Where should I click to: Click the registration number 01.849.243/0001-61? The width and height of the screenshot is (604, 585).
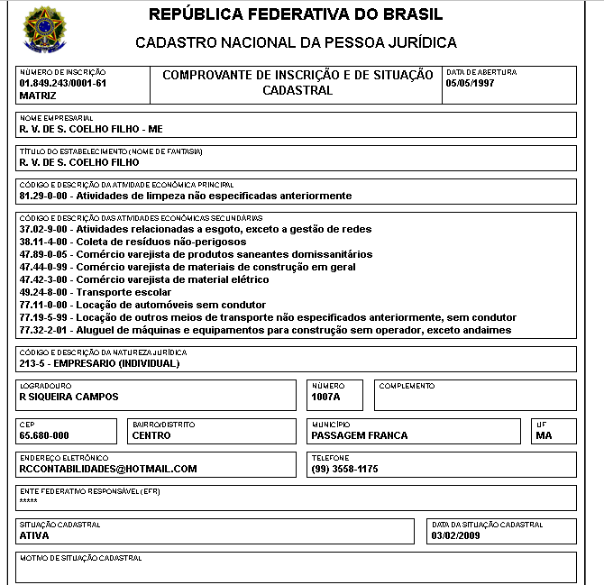[63, 83]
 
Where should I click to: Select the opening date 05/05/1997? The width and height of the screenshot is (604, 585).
[471, 83]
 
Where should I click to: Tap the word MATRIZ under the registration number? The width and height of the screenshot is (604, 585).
[38, 95]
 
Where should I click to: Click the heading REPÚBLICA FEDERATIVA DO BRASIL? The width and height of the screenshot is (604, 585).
[296, 15]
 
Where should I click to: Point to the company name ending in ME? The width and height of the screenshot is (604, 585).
[91, 129]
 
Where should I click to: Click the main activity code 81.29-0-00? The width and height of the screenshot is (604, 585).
[44, 195]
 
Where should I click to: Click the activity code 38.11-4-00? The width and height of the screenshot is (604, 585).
[44, 242]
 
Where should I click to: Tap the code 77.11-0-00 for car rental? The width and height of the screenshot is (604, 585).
[44, 305]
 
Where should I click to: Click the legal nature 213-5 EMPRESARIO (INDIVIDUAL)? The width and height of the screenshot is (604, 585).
[99, 363]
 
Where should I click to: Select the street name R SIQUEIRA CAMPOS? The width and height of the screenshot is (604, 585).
[69, 397]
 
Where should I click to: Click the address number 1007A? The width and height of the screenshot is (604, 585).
[326, 397]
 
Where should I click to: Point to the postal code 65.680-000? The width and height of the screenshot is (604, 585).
[44, 435]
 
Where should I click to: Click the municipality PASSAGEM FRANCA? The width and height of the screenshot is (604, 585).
[359, 435]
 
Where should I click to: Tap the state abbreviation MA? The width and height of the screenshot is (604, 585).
[543, 435]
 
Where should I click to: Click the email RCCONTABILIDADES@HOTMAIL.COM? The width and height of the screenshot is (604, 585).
[108, 469]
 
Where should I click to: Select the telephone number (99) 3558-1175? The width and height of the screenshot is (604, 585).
[344, 469]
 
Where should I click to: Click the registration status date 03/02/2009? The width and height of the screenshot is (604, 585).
[456, 535]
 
